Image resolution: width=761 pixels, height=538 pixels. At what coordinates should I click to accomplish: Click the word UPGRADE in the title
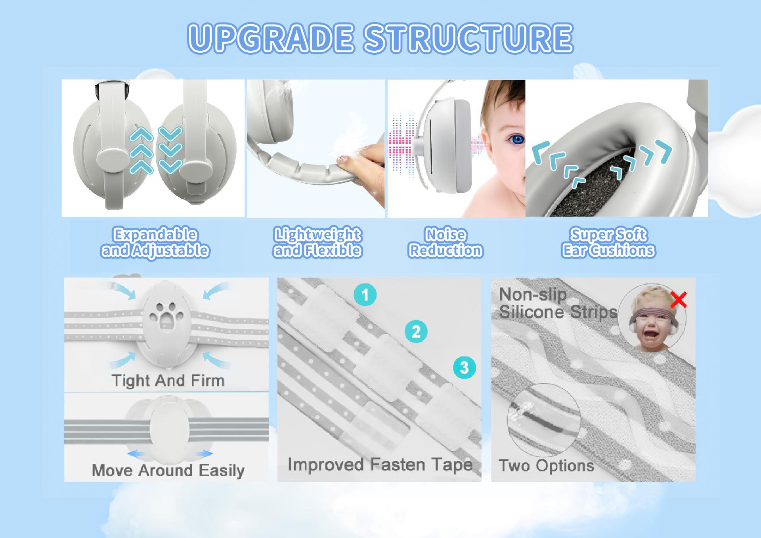(271, 38)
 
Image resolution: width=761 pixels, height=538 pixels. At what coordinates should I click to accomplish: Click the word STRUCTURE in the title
(468, 38)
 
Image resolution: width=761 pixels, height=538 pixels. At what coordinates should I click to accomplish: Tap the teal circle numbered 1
(365, 295)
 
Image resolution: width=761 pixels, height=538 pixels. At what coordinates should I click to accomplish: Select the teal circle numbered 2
(416, 331)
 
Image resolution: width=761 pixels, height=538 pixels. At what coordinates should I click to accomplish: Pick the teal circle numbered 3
(465, 368)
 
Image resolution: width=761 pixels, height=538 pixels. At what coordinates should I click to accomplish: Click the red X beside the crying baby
(679, 300)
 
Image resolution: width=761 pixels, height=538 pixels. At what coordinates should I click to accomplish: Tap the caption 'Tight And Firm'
(168, 381)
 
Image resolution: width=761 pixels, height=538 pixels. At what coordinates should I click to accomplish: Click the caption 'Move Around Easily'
(168, 471)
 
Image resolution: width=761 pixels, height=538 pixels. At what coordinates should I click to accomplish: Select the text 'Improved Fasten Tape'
(380, 465)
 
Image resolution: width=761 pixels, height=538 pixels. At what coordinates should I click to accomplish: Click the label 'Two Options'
(546, 465)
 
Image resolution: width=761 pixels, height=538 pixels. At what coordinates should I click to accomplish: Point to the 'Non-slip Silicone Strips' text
(558, 303)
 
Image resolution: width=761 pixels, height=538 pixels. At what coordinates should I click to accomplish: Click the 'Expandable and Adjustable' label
(155, 243)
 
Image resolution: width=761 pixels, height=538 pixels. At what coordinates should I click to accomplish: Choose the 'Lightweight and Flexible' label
(317, 243)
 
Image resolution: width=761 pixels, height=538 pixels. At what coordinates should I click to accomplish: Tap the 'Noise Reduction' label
(446, 243)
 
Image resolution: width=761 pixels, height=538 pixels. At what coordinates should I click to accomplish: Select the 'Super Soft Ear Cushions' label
(608, 243)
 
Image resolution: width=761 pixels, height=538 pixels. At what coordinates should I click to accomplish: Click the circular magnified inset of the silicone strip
(544, 421)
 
